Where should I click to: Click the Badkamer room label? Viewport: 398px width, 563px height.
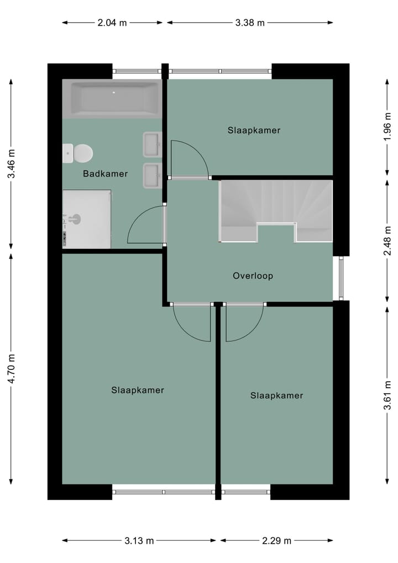[105, 174]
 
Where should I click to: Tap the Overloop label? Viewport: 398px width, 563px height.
[253, 275]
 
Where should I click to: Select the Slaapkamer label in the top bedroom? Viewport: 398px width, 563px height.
[254, 131]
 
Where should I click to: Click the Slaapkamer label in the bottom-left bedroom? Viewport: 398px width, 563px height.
[138, 390]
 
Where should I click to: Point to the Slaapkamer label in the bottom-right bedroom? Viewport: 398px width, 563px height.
[276, 395]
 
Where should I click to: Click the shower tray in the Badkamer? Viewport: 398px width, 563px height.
[87, 219]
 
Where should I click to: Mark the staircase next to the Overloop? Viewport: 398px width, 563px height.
[276, 210]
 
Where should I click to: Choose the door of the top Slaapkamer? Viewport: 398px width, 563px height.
[188, 159]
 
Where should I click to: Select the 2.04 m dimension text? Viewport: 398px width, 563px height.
[112, 23]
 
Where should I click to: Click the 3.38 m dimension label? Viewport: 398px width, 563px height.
[250, 23]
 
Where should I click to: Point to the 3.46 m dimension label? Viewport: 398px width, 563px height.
[11, 164]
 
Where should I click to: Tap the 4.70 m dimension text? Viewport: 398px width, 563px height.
[11, 369]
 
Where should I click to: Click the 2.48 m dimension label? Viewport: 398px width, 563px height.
[387, 236]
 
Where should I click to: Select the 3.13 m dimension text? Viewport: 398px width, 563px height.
[139, 541]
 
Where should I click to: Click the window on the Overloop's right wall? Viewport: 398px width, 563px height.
[341, 278]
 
